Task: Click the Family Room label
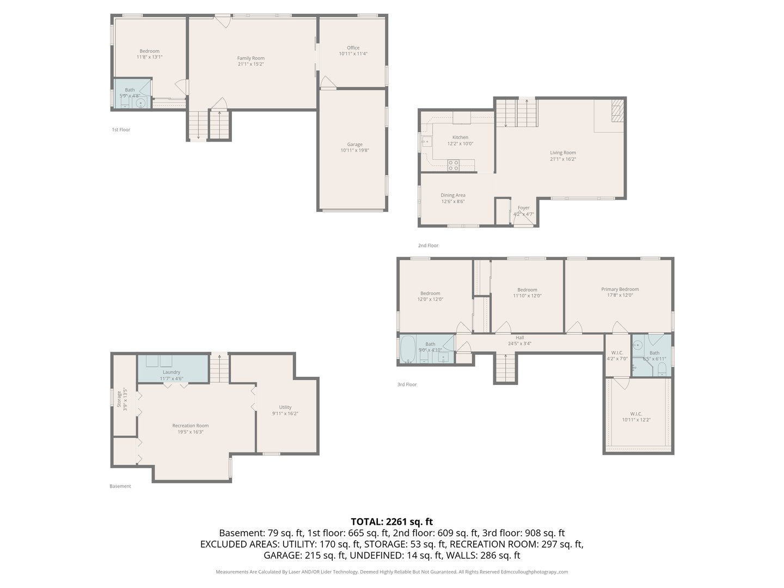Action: (x=250, y=58)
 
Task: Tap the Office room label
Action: (x=353, y=48)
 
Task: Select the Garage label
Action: (x=354, y=145)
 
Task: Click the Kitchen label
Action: (x=460, y=138)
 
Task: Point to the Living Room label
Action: (x=562, y=153)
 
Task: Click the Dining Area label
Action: (x=452, y=195)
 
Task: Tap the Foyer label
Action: (x=523, y=208)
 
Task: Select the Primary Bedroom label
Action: (x=620, y=290)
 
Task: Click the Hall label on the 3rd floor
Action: (x=519, y=338)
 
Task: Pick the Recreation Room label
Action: (x=190, y=426)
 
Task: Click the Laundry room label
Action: (x=171, y=372)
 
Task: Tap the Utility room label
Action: (x=285, y=407)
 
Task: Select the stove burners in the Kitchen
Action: (x=453, y=166)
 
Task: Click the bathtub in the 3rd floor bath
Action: (x=408, y=350)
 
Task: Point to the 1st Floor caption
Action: (x=121, y=130)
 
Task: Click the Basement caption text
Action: (x=120, y=486)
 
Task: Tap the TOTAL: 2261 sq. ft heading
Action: (x=391, y=522)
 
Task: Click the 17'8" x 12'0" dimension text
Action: (x=620, y=296)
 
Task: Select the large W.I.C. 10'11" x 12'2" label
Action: (x=636, y=417)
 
